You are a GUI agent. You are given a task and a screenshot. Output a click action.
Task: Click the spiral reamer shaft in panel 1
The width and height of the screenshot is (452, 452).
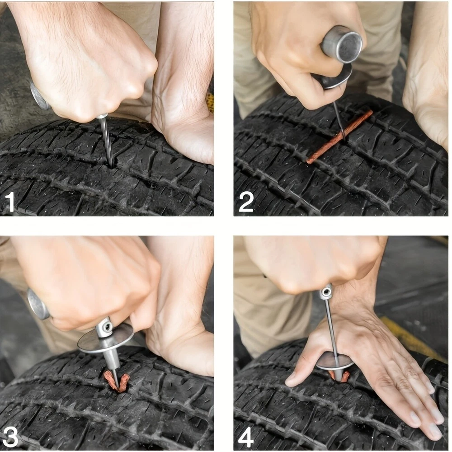(107, 141)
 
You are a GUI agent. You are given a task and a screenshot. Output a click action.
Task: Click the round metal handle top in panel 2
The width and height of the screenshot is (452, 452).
(342, 44)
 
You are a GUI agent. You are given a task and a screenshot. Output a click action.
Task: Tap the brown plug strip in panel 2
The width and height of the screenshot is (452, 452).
(339, 137)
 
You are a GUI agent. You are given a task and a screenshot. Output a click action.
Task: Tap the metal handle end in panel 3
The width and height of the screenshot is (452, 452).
(38, 304)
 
